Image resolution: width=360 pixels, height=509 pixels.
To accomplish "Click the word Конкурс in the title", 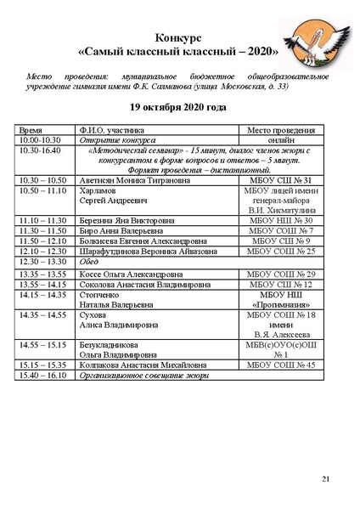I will (x=179, y=38).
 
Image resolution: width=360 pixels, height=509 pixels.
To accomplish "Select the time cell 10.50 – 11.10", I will (x=42, y=192).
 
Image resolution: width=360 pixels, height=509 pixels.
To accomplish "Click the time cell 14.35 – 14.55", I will (x=42, y=315).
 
